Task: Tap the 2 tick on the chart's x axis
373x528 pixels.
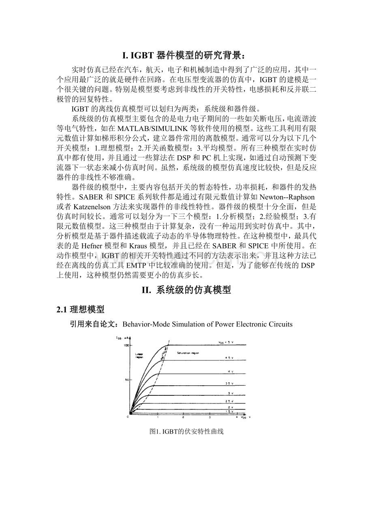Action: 183,417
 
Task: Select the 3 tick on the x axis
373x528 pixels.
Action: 210,417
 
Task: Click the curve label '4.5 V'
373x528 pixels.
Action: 229,358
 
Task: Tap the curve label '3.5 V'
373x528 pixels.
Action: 229,383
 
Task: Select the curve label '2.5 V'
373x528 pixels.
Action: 229,401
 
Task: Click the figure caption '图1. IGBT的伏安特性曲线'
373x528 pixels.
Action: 186,432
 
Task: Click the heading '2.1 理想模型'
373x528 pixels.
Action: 80,309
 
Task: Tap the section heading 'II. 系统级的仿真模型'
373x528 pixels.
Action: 186,290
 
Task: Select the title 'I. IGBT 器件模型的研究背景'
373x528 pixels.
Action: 186,55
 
